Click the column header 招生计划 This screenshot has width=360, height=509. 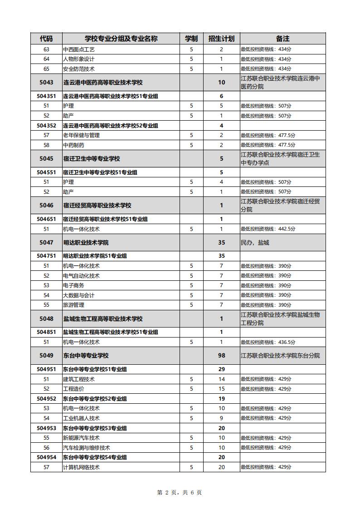(x=221, y=39)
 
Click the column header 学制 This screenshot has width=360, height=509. (x=191, y=39)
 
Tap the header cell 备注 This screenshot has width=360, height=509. (x=282, y=39)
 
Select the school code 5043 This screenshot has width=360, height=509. (x=46, y=83)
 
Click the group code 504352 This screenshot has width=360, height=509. (x=46, y=125)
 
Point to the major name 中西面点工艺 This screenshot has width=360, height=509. (x=79, y=49)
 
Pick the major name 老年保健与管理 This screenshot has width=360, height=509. (x=82, y=135)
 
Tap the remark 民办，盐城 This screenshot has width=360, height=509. (x=255, y=243)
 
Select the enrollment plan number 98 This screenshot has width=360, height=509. (x=221, y=356)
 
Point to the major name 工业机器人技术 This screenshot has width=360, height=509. (x=82, y=418)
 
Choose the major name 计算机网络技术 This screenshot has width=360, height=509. (x=82, y=467)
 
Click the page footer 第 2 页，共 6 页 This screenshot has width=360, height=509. (x=180, y=493)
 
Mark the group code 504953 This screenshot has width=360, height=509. (x=46, y=428)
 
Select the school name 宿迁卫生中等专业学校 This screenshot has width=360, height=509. (x=92, y=159)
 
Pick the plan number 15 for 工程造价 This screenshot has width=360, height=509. (x=221, y=389)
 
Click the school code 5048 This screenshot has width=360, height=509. (x=46, y=319)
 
